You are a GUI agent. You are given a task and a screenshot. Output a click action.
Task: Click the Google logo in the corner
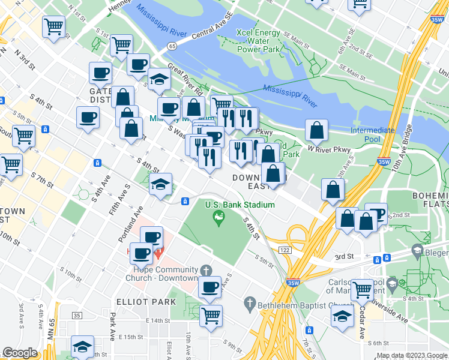20,353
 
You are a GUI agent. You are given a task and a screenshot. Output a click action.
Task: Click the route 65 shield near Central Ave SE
172,46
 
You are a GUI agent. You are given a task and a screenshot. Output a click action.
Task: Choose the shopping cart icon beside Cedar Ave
363,290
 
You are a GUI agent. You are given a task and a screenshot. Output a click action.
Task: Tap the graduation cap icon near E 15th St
82,347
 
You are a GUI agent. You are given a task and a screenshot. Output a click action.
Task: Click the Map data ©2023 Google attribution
412,355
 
